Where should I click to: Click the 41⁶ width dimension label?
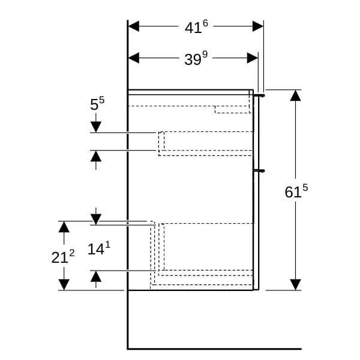coord(196,27)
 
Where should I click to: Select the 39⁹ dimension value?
coord(196,58)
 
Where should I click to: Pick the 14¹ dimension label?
coord(99,248)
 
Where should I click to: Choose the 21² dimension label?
coord(63,257)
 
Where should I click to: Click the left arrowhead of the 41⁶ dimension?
coord(134,26)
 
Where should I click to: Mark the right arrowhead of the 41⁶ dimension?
coord(258,26)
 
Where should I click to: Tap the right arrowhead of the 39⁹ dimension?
coord(253,58)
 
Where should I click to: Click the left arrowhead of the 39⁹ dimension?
coord(134,58)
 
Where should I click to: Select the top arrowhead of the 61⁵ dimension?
coord(295,95)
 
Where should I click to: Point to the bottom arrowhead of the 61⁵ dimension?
coord(295,284)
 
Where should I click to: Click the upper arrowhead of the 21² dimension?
coord(64,227)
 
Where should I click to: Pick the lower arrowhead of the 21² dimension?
coord(64,284)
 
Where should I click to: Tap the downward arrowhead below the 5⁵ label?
coord(96,127)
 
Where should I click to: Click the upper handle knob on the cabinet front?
coord(260,95)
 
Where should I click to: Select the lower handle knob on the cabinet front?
coord(260,171)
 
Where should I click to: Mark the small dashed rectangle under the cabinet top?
coord(232,110)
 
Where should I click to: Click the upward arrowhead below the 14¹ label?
coord(96,276)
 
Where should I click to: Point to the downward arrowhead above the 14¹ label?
coord(96,219)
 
